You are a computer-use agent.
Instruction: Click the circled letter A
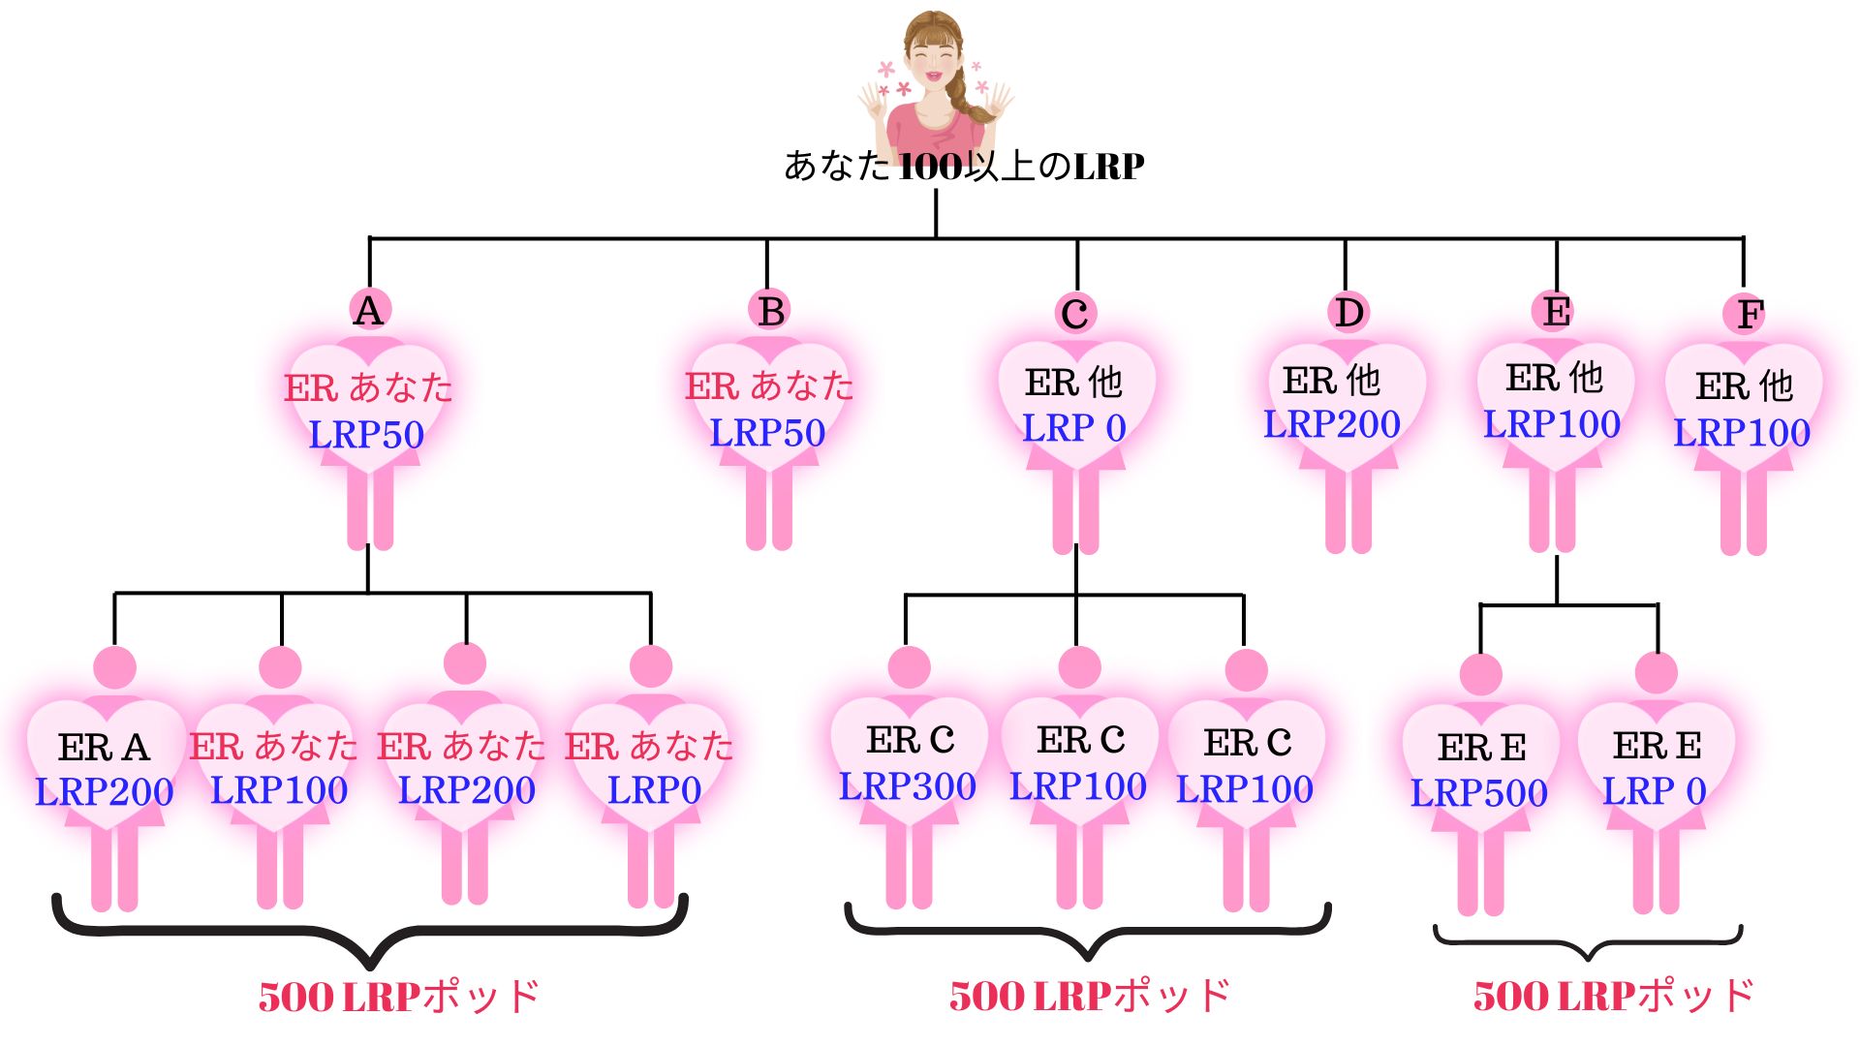click(x=368, y=311)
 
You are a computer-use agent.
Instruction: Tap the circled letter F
click(x=1750, y=314)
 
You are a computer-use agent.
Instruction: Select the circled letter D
click(x=1348, y=313)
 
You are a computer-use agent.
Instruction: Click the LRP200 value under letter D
click(x=1332, y=424)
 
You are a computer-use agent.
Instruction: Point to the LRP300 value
click(x=908, y=786)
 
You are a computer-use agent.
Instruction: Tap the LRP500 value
click(x=1479, y=793)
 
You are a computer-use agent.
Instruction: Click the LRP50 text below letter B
click(x=767, y=433)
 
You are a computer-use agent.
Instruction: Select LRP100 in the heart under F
click(x=1742, y=433)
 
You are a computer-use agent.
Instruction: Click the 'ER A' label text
click(x=104, y=748)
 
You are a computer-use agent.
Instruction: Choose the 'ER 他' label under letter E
click(x=1555, y=378)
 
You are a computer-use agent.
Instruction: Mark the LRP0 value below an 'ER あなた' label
click(x=654, y=790)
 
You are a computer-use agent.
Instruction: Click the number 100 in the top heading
click(x=931, y=167)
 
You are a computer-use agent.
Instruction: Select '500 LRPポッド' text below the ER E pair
click(x=1613, y=996)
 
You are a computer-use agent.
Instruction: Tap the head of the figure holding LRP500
click(x=1480, y=674)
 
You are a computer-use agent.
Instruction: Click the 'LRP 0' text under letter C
click(x=1074, y=428)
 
